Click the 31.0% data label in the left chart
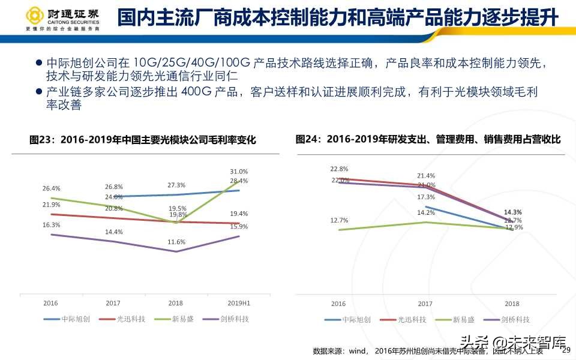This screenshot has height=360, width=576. pyautogui.click(x=239, y=171)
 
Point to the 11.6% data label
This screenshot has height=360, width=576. pyautogui.click(x=176, y=242)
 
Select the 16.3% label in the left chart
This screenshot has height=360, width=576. pyautogui.click(x=52, y=225)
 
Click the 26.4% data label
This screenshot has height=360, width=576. pyautogui.click(x=52, y=188)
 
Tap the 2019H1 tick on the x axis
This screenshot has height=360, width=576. pyautogui.click(x=238, y=303)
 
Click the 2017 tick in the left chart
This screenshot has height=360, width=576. pyautogui.click(x=113, y=303)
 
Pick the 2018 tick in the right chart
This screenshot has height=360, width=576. pyautogui.click(x=512, y=304)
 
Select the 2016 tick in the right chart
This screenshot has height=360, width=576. pyautogui.click(x=338, y=304)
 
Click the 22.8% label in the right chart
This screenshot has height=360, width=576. pyautogui.click(x=339, y=169)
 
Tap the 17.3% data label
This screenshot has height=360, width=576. pyautogui.click(x=426, y=197)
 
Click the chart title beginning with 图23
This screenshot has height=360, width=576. pyautogui.click(x=143, y=140)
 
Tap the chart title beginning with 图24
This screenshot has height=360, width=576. pyautogui.click(x=428, y=139)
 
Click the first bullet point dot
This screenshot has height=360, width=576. pyautogui.click(x=39, y=62)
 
